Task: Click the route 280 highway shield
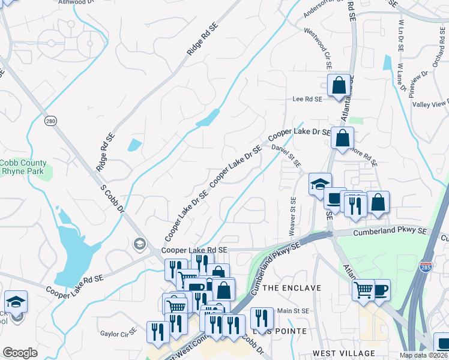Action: tap(50, 121)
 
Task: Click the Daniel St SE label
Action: tap(286, 155)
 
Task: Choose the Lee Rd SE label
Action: tap(307, 99)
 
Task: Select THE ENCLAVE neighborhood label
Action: tap(292, 288)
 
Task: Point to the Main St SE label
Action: tap(292, 311)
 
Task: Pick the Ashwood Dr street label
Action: tap(77, 2)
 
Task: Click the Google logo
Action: tap(20, 353)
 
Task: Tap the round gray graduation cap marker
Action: tap(140, 244)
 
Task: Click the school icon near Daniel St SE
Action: tap(320, 183)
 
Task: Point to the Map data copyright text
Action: tap(424, 355)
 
